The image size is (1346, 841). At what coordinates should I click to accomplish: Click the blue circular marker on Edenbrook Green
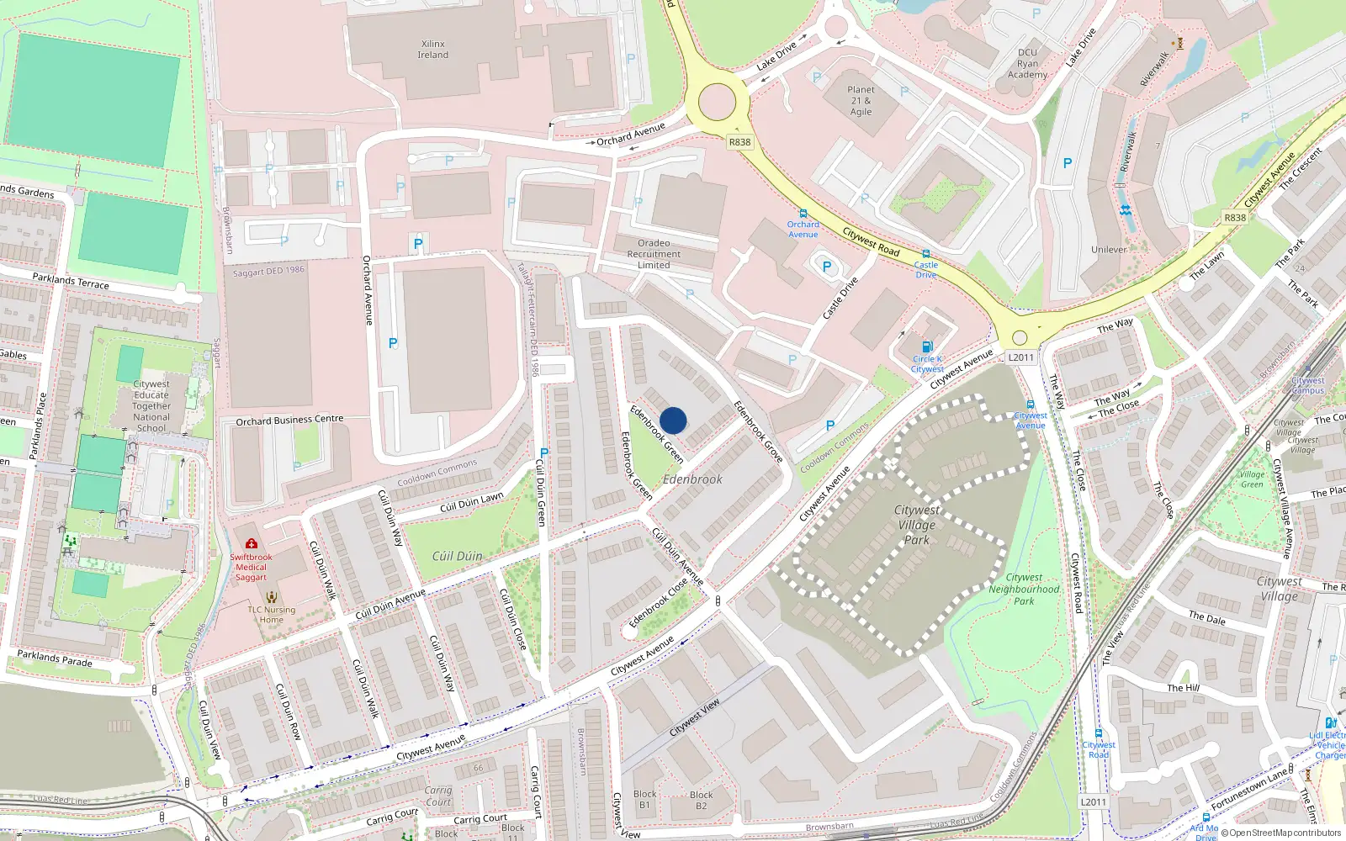click(673, 420)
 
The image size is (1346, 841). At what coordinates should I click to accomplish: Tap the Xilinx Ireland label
click(432, 49)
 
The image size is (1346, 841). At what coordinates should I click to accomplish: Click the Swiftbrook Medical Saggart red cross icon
click(251, 543)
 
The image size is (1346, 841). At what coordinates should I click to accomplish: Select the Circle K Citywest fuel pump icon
click(927, 346)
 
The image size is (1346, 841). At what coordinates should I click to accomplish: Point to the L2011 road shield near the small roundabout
click(1020, 357)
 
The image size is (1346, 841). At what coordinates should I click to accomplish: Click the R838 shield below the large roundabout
click(739, 142)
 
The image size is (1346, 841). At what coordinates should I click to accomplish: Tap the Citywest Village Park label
click(917, 525)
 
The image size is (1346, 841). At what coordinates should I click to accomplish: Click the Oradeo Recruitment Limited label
click(654, 254)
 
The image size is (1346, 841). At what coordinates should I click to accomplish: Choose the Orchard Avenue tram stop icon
click(803, 214)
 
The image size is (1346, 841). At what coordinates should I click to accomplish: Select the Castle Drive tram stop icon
click(925, 254)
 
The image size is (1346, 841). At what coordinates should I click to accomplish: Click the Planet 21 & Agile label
click(861, 100)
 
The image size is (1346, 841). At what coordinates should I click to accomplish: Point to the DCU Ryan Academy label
click(1027, 63)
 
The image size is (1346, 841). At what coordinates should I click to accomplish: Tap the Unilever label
click(1109, 250)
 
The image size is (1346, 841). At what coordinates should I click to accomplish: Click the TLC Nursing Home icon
click(271, 597)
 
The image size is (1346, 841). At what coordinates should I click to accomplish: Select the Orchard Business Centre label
click(289, 420)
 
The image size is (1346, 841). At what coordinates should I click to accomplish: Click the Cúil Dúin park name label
click(457, 556)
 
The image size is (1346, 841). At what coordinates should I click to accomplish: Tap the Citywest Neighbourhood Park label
click(1024, 589)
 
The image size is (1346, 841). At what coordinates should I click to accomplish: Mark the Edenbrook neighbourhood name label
click(692, 479)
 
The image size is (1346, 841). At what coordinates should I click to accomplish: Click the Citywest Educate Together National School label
click(151, 406)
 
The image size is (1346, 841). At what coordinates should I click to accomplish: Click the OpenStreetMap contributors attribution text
click(1285, 833)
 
